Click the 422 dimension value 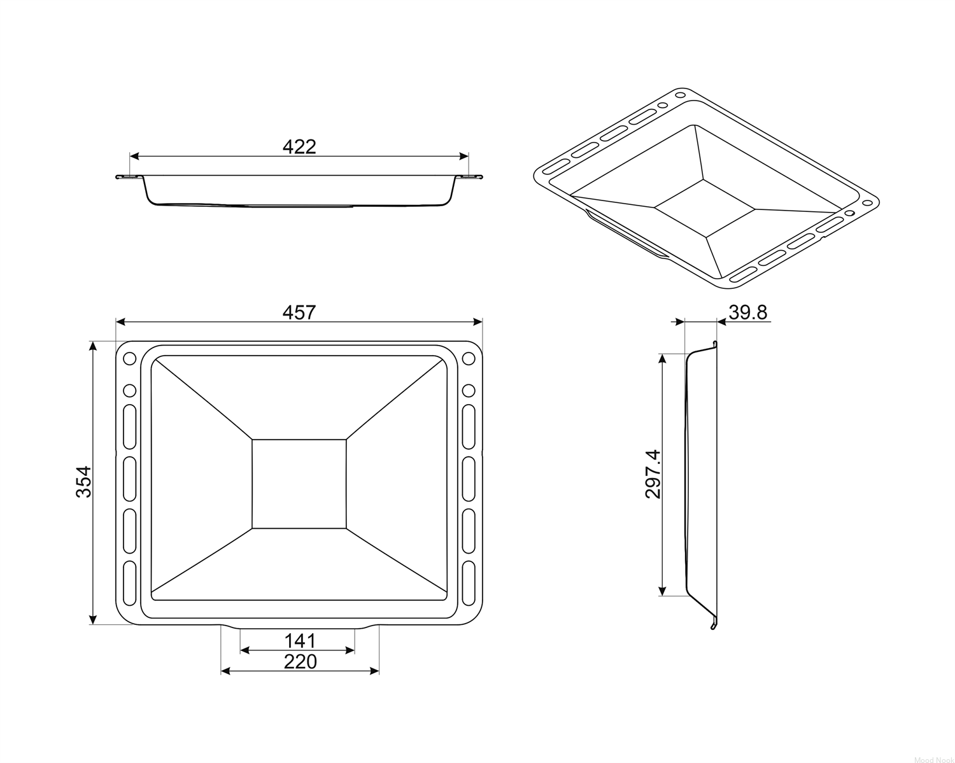[299, 147]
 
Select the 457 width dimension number [299, 312]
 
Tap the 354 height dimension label [83, 482]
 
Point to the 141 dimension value [300, 641]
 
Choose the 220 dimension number [301, 661]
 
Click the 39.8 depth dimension [747, 312]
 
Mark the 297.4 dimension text [653, 474]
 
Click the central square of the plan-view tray [299, 484]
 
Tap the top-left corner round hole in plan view [130, 358]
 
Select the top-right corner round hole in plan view [469, 358]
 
